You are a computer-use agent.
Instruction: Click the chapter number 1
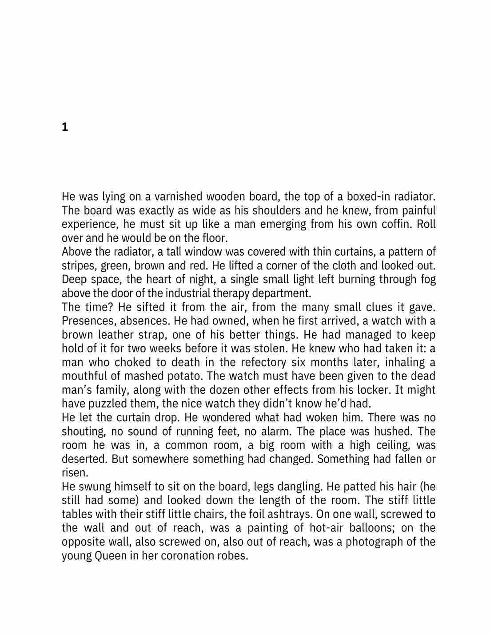pos(65,127)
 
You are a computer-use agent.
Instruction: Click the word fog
pos(428,279)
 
